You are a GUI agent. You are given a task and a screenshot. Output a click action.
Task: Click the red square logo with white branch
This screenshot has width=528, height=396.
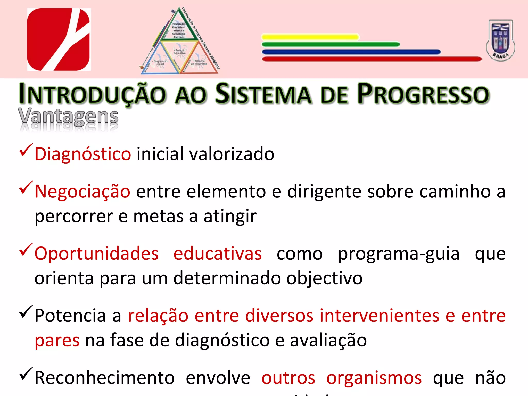[x=59, y=39]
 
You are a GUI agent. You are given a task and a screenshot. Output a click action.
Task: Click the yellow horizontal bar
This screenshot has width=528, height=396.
[x=310, y=37]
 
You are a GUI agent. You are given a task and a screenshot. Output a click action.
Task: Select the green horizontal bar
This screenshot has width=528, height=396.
[x=331, y=44]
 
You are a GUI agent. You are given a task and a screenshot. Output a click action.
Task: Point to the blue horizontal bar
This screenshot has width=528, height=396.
[x=351, y=52]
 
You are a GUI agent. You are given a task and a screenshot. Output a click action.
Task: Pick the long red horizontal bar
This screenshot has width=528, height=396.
[x=372, y=59]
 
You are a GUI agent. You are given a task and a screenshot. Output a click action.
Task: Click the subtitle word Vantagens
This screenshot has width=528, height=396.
[x=68, y=117]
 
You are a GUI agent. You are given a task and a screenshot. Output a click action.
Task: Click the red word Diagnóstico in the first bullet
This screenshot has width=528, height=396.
[x=83, y=154]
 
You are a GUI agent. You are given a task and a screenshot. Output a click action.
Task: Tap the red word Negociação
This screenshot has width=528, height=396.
[x=82, y=192]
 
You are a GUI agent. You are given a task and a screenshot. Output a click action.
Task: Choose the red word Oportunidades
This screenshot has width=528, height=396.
[x=96, y=253]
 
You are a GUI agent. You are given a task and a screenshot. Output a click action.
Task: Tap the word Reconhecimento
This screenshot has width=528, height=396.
[x=104, y=378]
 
